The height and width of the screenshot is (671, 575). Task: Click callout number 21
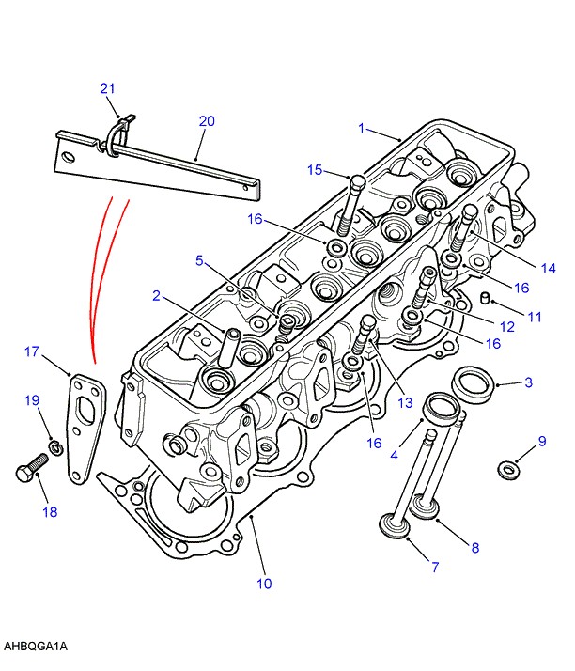[x=107, y=88]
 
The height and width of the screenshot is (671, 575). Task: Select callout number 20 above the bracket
[x=207, y=121]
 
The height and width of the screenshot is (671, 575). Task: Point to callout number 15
[x=315, y=170]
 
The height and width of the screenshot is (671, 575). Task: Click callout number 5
[x=199, y=259]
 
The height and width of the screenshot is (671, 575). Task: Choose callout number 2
[x=157, y=296]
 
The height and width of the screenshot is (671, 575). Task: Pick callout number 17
[x=32, y=351]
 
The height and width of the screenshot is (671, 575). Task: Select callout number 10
[x=264, y=584]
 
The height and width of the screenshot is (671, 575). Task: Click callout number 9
[x=542, y=442]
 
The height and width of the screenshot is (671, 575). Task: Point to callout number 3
[x=529, y=382]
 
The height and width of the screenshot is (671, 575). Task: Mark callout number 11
[x=534, y=317]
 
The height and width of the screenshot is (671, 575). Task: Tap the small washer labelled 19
[x=55, y=446]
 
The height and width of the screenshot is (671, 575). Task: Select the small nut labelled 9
[x=508, y=469]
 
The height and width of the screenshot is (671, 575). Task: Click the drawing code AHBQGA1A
[x=36, y=647]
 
